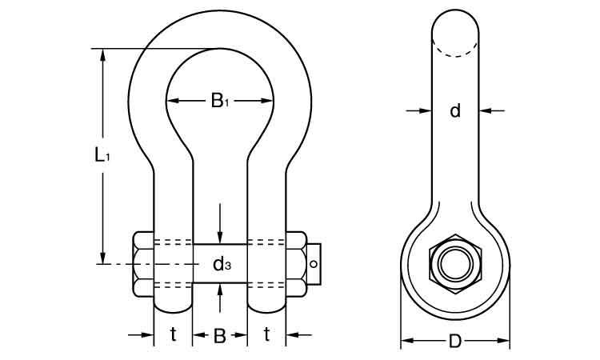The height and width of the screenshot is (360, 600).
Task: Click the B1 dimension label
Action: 220,101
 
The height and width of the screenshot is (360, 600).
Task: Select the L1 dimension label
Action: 102,155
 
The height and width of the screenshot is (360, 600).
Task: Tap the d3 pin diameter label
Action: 222,264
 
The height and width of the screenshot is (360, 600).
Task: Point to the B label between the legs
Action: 220,335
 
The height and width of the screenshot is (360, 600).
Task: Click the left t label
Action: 174,334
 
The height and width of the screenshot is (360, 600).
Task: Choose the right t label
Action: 266,334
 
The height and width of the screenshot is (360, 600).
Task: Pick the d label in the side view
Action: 455,110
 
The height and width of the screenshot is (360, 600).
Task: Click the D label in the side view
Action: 455,341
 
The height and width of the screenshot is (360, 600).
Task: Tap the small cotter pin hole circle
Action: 314,263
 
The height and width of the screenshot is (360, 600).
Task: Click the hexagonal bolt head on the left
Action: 143,263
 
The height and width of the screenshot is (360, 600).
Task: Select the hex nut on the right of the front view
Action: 297,263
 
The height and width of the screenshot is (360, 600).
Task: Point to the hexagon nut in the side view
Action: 455,264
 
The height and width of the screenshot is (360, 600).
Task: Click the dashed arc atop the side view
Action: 455,48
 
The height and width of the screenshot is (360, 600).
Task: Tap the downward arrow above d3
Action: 220,224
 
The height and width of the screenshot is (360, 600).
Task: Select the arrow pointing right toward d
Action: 419,110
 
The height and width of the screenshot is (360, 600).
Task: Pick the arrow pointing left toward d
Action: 492,110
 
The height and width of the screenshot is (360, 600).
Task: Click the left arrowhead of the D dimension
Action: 407,341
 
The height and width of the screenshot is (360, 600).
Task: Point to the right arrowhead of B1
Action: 266,101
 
